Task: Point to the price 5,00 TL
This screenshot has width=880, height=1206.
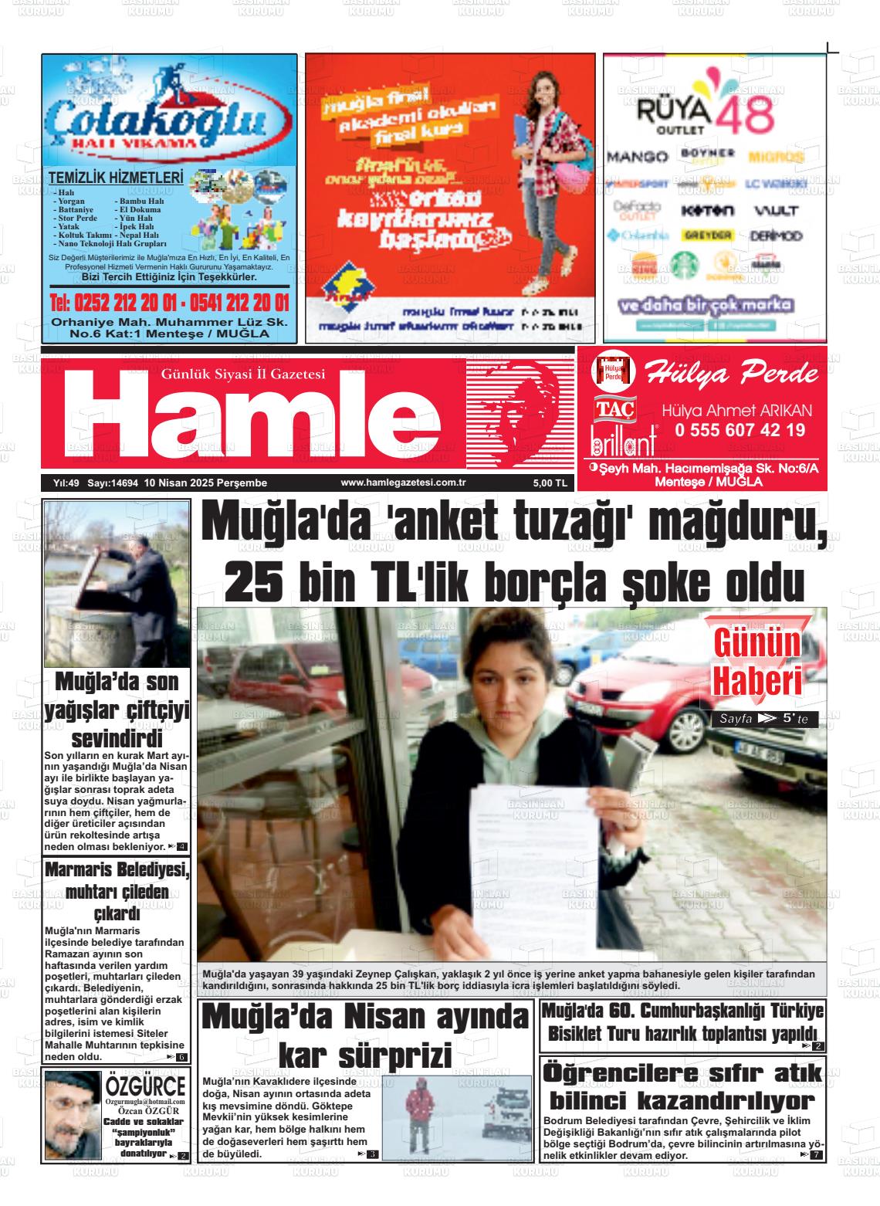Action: tap(550, 483)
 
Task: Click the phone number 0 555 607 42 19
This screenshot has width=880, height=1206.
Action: tap(740, 431)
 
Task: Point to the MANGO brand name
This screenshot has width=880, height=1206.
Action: tap(637, 157)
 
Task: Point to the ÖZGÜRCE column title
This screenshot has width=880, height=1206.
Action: tap(146, 1086)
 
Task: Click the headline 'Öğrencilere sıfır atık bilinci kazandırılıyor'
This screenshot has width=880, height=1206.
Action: tap(682, 1087)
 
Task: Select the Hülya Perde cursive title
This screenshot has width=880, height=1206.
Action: tap(732, 374)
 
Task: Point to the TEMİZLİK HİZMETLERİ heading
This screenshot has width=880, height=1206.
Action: tap(116, 178)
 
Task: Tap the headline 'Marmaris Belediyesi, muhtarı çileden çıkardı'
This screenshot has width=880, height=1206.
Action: tap(116, 892)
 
